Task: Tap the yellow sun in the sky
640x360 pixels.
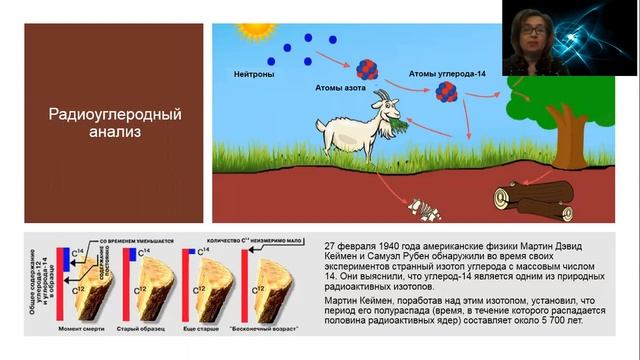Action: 254,30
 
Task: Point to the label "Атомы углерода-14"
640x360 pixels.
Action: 448,74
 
